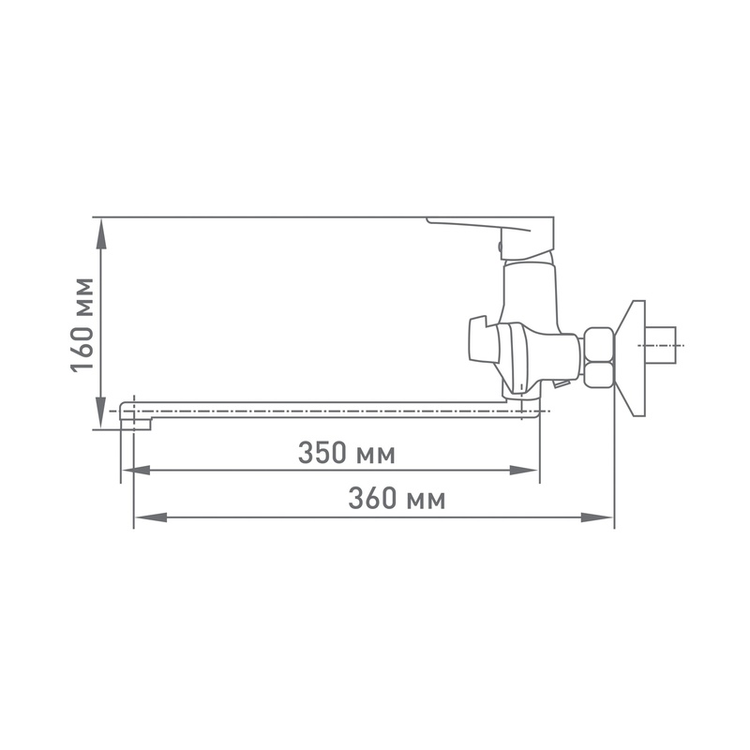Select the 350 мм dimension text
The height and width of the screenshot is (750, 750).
[x=346, y=454]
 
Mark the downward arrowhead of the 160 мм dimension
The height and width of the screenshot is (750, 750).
[x=101, y=411]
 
